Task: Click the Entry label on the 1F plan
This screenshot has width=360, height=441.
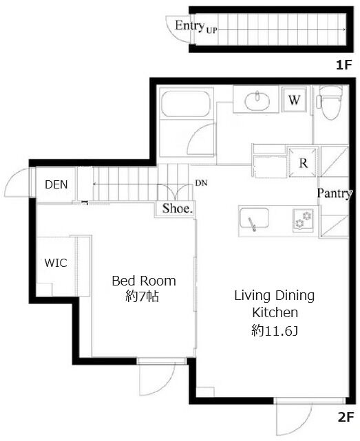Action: click(x=189, y=25)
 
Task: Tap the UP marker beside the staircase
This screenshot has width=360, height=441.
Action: click(x=211, y=30)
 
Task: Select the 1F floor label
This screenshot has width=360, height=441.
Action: click(x=344, y=65)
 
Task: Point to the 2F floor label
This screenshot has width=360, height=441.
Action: click(x=345, y=418)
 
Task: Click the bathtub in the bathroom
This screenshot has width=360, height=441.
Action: click(x=185, y=103)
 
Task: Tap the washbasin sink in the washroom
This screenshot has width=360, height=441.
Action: click(x=257, y=100)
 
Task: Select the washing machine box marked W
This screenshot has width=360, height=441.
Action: click(x=295, y=100)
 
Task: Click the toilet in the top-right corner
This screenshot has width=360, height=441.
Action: click(x=331, y=103)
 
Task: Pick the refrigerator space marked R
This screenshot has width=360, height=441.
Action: click(x=303, y=162)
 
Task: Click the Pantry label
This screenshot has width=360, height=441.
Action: click(x=335, y=193)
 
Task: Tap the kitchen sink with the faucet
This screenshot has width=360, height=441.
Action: click(x=253, y=219)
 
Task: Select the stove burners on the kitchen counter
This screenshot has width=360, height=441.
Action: click(x=303, y=220)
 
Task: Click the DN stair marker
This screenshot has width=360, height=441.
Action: click(x=201, y=183)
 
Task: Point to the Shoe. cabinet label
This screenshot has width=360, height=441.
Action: click(x=177, y=208)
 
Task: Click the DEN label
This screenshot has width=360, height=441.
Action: click(x=56, y=184)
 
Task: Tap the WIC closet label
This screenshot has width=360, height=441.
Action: click(x=56, y=263)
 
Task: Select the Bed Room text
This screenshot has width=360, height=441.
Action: click(x=144, y=281)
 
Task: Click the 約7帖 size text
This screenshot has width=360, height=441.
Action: click(x=142, y=297)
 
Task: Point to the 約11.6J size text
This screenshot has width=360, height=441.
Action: click(x=275, y=330)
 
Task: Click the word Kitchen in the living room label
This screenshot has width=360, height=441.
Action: click(x=275, y=313)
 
